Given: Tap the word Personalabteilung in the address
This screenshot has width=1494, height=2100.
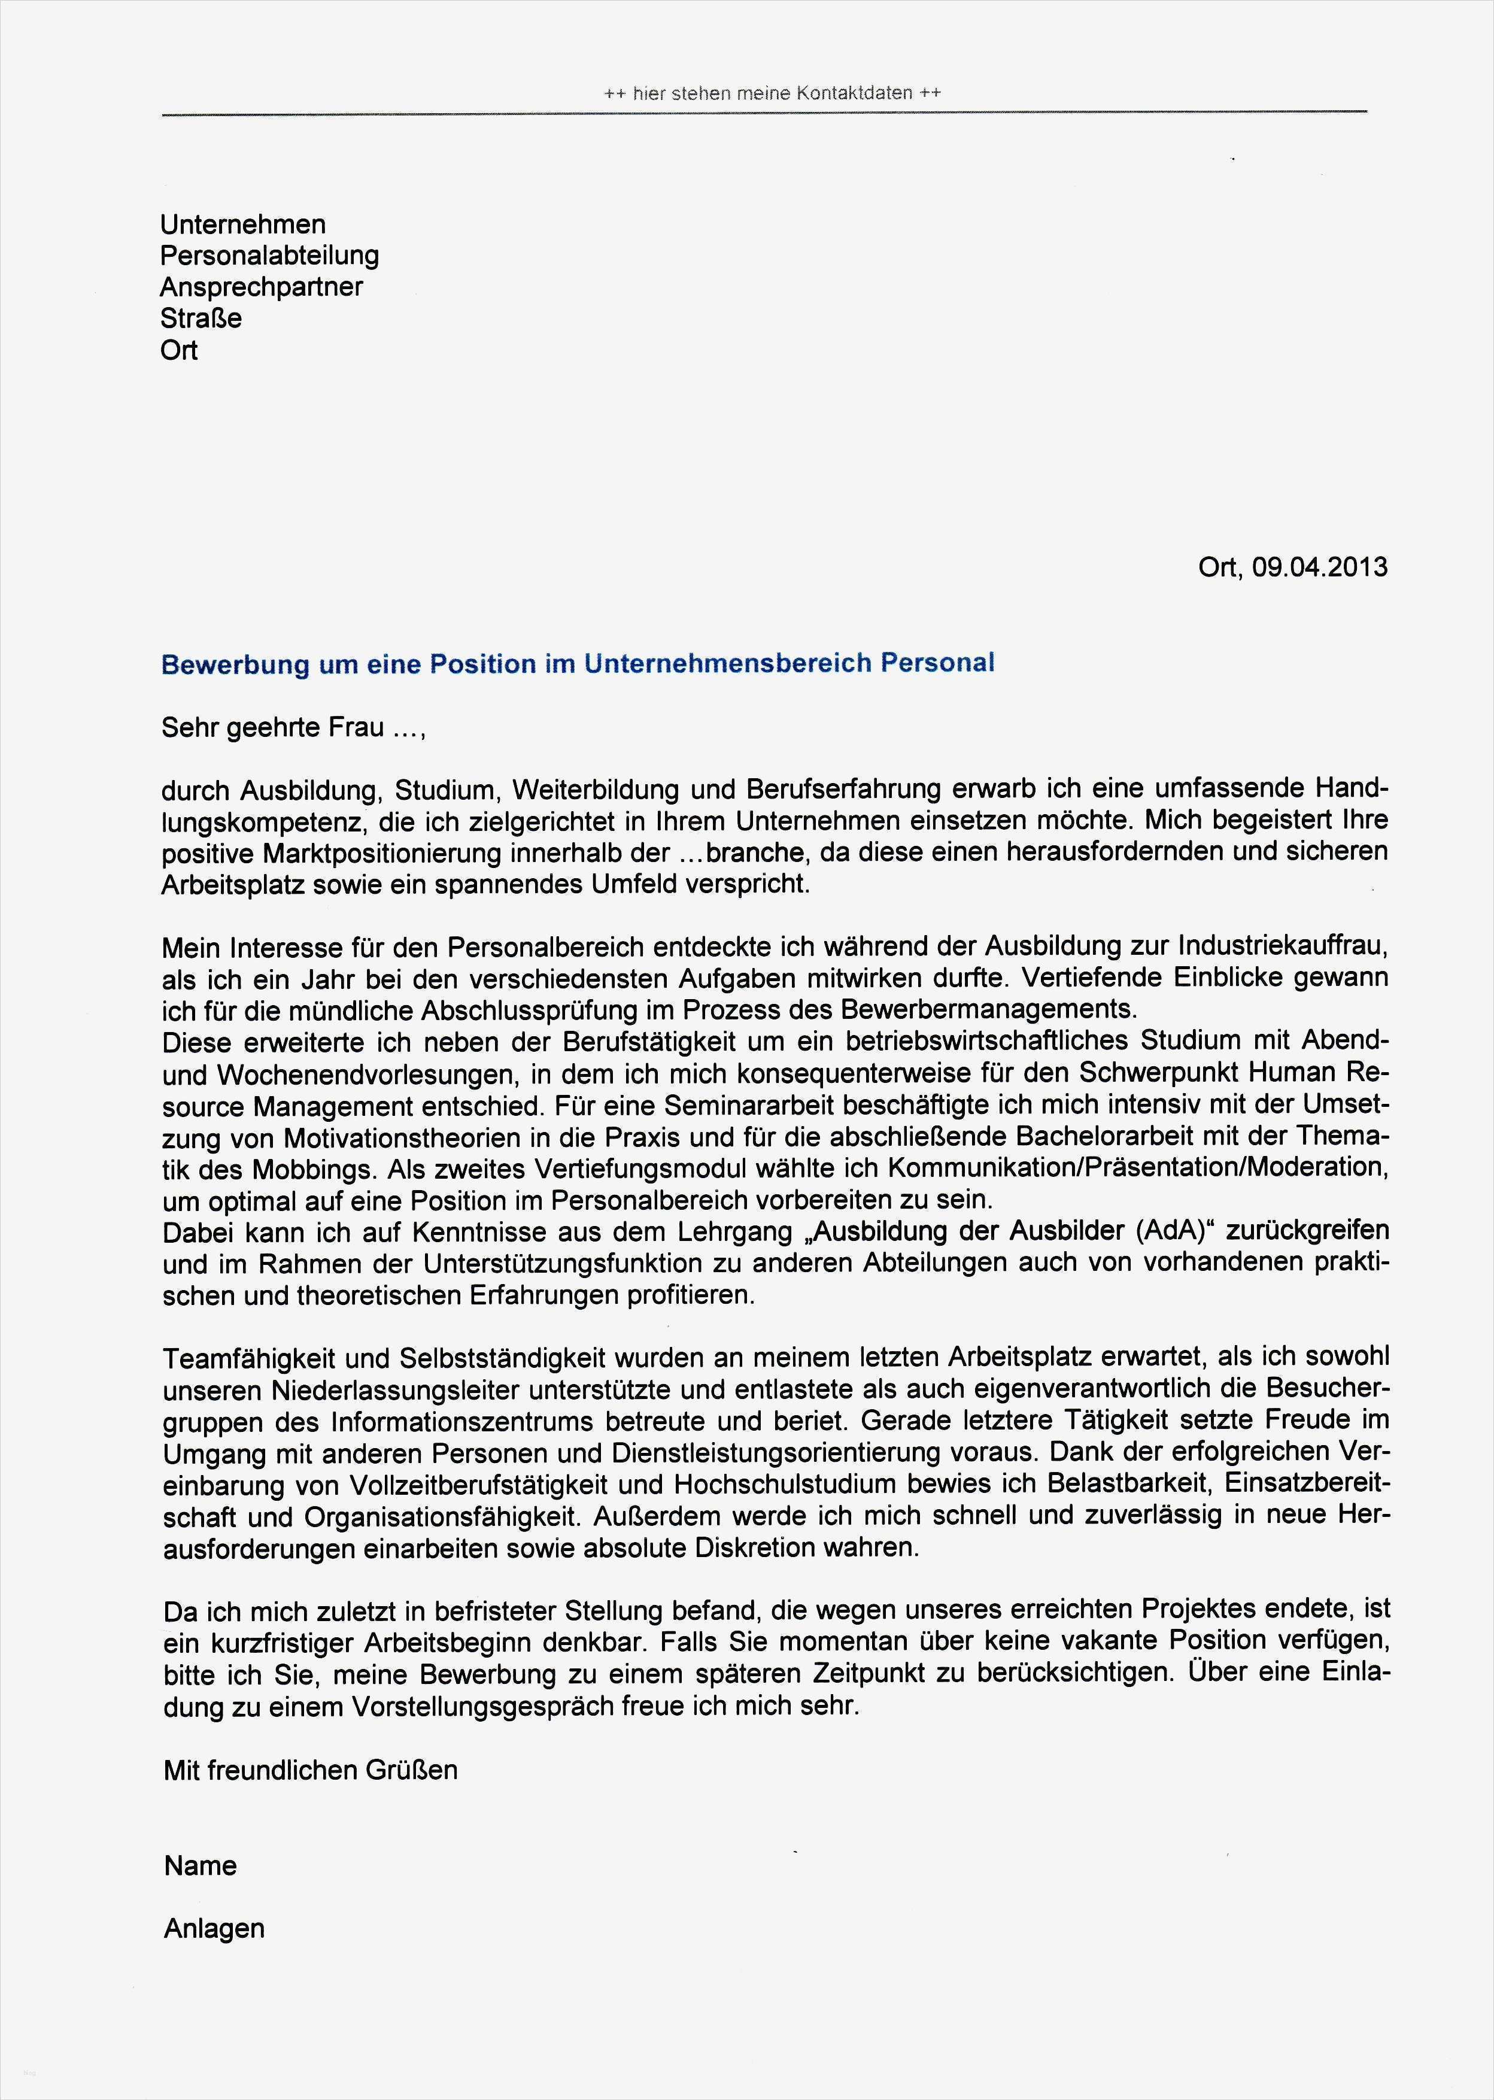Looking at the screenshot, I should pyautogui.click(x=269, y=256).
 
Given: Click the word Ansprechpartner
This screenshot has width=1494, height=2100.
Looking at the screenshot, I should pyautogui.click(x=261, y=287).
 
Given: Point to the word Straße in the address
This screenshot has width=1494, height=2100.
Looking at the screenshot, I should pyautogui.click(x=201, y=318).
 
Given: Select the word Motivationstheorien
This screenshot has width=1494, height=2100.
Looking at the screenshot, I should pyautogui.click(x=404, y=1138).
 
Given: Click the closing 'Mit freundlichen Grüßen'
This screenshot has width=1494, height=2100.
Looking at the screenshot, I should pyautogui.click(x=310, y=1771).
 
